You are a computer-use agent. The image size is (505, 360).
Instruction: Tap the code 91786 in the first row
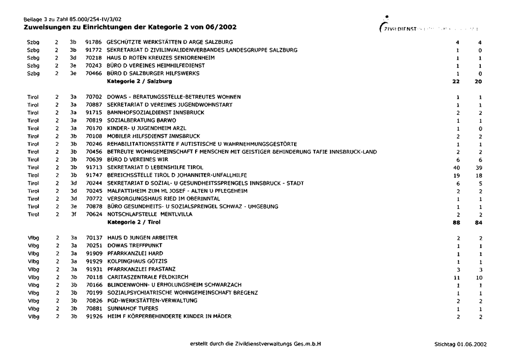point(94,42)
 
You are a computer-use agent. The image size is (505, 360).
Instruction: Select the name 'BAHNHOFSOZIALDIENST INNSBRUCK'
point(155,112)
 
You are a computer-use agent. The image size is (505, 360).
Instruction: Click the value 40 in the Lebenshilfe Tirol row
point(456,168)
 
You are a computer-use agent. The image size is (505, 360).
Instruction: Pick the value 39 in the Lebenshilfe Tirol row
point(478,168)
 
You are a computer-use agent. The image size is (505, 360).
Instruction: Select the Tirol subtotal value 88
point(456,222)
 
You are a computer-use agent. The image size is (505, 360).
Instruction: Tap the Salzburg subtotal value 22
point(456,81)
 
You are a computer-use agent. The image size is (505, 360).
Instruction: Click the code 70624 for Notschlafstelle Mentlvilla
point(94,215)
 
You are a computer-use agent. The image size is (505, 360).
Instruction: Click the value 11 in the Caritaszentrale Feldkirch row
point(457,277)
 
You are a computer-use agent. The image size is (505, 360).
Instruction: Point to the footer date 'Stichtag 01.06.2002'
point(460,344)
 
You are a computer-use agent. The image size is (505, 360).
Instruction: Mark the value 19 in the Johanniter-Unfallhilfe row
point(456,175)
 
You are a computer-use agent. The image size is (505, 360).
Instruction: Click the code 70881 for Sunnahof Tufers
point(94,308)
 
